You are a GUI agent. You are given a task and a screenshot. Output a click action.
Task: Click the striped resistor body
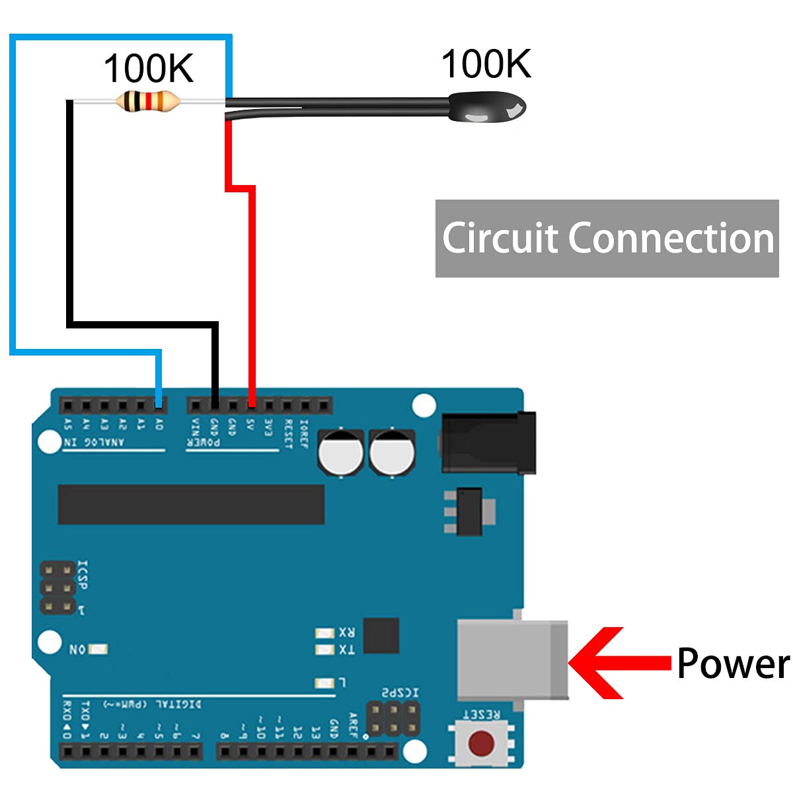(147, 102)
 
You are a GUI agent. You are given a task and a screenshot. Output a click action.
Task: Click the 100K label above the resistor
(149, 68)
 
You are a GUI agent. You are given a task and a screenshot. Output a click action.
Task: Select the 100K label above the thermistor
(486, 64)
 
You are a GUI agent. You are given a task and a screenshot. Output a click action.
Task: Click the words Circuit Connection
(607, 238)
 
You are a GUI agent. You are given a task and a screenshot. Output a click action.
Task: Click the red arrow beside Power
(618, 663)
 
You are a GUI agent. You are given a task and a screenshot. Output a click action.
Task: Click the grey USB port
(513, 660)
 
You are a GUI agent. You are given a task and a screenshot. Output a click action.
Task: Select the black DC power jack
(488, 443)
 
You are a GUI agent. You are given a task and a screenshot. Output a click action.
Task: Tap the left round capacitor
(340, 452)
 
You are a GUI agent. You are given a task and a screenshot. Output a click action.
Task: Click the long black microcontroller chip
(191, 504)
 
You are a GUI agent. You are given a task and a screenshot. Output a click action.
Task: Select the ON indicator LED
(98, 650)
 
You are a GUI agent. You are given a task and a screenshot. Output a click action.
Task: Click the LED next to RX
(324, 633)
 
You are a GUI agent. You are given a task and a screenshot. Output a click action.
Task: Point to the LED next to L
(324, 683)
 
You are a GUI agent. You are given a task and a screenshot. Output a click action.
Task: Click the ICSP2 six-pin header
(394, 718)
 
